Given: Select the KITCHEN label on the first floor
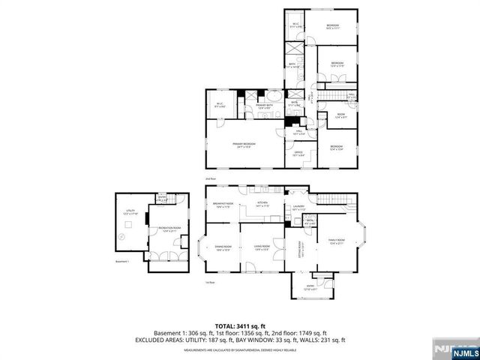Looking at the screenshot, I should tap(262, 203).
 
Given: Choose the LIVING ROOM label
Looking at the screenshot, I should tap(261, 247).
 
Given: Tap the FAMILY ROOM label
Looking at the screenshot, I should tap(336, 241).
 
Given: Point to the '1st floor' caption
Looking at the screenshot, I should tap(211, 282).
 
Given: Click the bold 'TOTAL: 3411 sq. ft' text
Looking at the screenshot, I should tap(240, 325).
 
